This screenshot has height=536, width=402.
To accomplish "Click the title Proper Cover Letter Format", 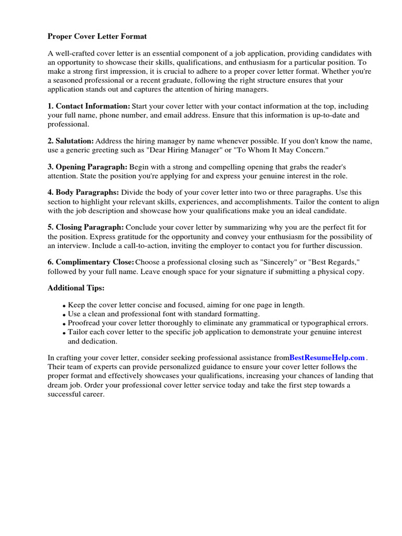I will click(x=97, y=37).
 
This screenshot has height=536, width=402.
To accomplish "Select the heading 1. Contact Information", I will click(x=89, y=106).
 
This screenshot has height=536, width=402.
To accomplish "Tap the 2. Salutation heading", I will click(x=71, y=141).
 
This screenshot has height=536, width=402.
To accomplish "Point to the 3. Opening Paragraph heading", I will click(x=87, y=167).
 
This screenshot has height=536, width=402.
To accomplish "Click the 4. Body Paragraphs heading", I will click(x=83, y=193).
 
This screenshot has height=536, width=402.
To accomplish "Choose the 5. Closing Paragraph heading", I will click(x=86, y=227).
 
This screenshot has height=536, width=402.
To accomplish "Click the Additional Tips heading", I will click(x=76, y=288).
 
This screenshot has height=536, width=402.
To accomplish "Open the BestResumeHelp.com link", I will click(x=327, y=358).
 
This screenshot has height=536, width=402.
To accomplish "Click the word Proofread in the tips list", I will click(x=85, y=323).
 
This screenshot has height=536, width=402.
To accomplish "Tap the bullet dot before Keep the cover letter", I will click(x=64, y=306).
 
